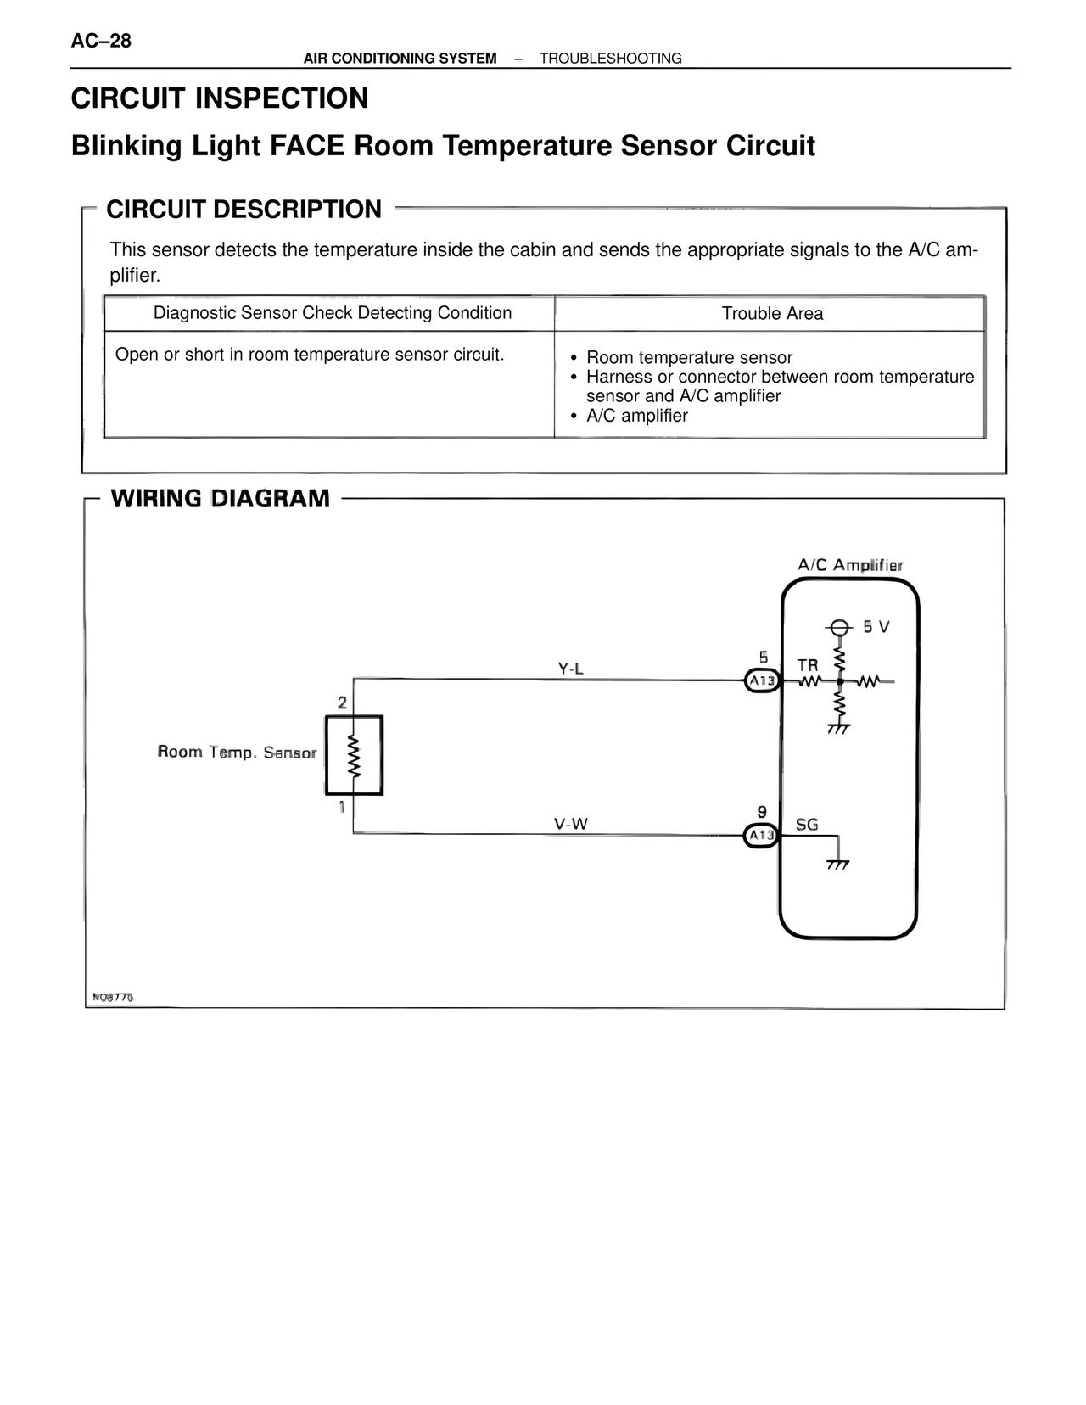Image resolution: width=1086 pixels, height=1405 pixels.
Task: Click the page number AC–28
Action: [101, 41]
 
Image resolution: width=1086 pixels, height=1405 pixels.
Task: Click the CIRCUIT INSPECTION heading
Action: [220, 98]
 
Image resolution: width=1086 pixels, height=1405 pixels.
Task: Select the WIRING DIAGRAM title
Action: [220, 498]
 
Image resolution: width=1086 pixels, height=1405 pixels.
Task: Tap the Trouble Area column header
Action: [772, 313]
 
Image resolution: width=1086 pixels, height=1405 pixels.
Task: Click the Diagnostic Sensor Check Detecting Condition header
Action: [332, 313]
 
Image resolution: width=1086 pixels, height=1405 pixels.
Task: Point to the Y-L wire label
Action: [570, 669]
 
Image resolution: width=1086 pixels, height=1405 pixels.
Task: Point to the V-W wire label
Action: [570, 824]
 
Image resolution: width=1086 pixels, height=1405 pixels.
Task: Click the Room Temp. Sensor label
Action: [237, 753]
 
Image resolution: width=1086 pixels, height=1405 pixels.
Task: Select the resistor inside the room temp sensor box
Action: [355, 755]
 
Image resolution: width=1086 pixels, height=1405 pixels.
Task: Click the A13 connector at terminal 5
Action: [762, 680]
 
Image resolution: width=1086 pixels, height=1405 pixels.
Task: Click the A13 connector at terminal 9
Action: [761, 836]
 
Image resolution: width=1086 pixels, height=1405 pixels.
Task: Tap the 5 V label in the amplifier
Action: [876, 627]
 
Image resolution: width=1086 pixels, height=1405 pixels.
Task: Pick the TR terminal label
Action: [808, 665]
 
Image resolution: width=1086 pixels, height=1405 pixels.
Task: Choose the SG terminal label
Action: [807, 824]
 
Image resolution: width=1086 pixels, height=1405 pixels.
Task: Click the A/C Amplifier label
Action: [850, 565]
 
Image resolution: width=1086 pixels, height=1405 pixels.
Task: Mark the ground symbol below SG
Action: [838, 864]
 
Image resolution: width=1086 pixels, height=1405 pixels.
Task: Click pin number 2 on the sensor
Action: [342, 702]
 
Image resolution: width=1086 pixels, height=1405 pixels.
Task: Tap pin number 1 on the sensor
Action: [342, 807]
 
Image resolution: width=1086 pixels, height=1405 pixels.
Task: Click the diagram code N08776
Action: [113, 997]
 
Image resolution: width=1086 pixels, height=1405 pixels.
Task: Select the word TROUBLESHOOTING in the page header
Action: [610, 59]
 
